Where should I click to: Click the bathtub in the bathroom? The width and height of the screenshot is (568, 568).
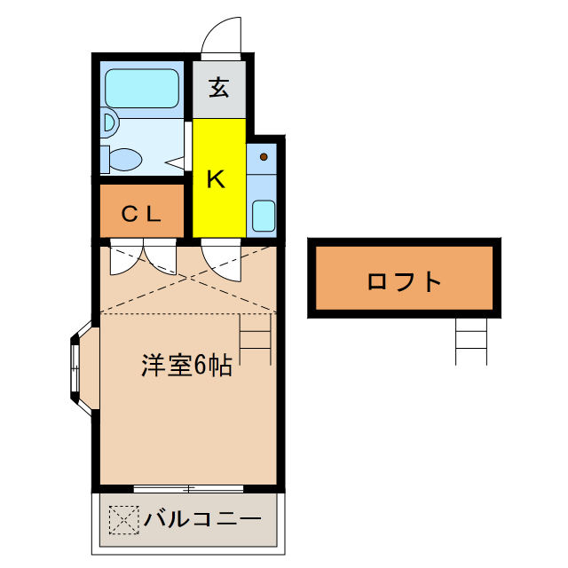click(142, 87)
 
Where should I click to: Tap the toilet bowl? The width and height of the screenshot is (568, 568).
click(124, 160)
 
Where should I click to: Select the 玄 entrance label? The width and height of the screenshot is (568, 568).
click(219, 88)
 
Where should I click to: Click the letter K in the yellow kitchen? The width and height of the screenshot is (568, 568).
click(216, 178)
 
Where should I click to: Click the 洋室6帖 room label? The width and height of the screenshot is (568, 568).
click(186, 365)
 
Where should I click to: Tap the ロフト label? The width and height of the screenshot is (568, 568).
click(404, 281)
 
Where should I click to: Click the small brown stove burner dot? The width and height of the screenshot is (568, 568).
click(264, 157)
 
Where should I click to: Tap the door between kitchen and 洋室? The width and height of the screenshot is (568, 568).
click(221, 256)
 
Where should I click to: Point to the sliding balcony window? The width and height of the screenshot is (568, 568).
click(188, 487)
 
